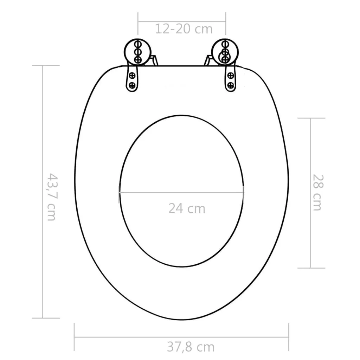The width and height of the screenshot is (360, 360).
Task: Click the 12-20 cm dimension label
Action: [x=184, y=29]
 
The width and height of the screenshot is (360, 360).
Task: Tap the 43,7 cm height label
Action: [x=52, y=197]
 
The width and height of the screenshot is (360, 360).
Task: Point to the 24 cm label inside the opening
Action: [x=186, y=208]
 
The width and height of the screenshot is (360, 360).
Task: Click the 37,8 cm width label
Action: [x=191, y=347]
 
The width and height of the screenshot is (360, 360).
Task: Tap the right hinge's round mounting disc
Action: [x=225, y=51]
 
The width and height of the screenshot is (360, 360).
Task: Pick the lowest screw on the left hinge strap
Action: [x=132, y=85]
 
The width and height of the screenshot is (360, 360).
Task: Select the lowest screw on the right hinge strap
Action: [x=231, y=85]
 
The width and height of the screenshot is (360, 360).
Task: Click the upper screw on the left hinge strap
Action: [x=132, y=75]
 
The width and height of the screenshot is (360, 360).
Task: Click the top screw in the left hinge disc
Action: [x=138, y=44]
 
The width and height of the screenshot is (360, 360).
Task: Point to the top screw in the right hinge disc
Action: [x=224, y=44]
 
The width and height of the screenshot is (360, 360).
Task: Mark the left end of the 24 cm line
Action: [x=119, y=192]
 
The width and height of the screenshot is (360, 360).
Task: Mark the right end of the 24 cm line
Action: [x=243, y=192]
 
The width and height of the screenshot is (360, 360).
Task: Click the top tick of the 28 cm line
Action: [x=311, y=118]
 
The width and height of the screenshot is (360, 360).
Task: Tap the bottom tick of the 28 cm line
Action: [x=311, y=268]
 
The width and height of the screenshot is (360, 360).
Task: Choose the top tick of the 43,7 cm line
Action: [x=43, y=65]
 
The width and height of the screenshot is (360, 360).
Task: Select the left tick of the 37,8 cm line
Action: [x=75, y=337]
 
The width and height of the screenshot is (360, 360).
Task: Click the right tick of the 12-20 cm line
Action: [x=226, y=23]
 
